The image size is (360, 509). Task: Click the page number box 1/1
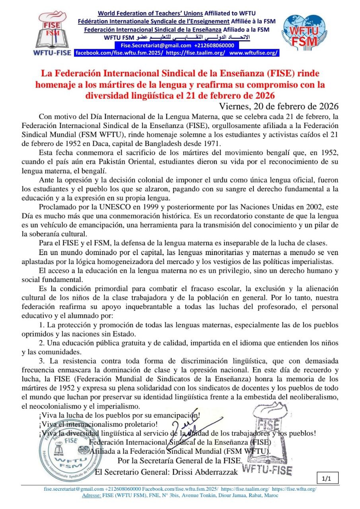click(x=328, y=478)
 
